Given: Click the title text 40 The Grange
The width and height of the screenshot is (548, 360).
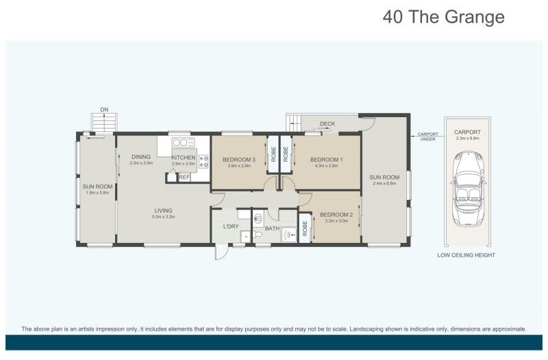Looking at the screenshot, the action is tap(443, 16).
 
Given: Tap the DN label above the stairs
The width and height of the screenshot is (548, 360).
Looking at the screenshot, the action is tap(104, 110).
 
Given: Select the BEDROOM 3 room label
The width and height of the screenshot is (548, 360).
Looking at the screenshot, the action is tap(239, 159).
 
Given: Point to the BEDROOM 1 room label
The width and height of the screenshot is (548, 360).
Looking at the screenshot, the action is tap(327, 159).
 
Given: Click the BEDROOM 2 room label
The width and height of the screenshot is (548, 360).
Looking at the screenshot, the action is tap(336, 215).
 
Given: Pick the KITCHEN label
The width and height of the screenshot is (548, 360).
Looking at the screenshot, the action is tap(184, 157).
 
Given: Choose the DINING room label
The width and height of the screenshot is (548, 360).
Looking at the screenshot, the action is tap(141, 157).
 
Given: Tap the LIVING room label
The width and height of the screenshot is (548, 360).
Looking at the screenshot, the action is tap(163, 211).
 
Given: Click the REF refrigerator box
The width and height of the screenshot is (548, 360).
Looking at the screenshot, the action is tap(184, 177).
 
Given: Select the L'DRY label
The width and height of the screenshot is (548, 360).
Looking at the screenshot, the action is tap(231, 227).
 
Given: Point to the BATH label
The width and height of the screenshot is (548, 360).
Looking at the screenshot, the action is tap(272, 229).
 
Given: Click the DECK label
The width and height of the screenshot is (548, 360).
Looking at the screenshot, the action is tap(327, 124).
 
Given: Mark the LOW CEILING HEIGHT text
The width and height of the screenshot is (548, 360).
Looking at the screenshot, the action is tap(466, 255).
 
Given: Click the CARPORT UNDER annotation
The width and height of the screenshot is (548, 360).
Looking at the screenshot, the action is tap(427, 136).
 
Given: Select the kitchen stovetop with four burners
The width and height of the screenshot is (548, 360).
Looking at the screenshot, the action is tap(203, 162).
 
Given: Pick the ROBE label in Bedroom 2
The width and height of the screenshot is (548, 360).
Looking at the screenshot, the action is tap(304, 229).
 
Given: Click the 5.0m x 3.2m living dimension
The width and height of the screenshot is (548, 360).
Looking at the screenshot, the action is tap(163, 217).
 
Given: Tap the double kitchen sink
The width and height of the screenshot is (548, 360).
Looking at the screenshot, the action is tap(183, 142).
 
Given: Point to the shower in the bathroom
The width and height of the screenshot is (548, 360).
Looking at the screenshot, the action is tap(289, 234).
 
